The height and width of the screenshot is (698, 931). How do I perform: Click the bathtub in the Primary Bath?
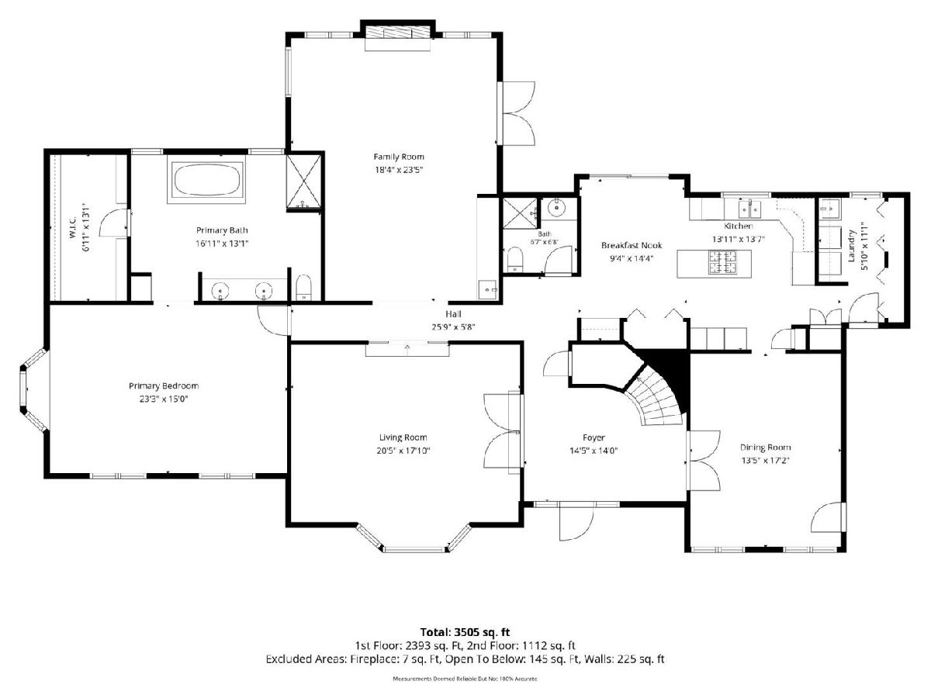click(207, 179)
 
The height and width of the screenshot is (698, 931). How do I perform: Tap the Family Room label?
click(399, 157)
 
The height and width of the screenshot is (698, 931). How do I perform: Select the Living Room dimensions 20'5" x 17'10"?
click(403, 451)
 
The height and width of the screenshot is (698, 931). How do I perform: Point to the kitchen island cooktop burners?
click(723, 261)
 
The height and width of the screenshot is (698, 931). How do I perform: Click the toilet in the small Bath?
click(515, 259)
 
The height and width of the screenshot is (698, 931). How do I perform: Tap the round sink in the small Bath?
click(555, 209)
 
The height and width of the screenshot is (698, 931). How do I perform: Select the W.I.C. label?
click(72, 227)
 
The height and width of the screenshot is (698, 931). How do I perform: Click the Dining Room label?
click(766, 447)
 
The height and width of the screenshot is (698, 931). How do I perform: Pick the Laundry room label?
click(851, 246)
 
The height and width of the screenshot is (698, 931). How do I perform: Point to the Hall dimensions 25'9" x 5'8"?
click(453, 327)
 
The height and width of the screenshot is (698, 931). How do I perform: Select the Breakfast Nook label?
click(631, 245)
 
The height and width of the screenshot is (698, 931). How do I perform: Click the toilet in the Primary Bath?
click(303, 287)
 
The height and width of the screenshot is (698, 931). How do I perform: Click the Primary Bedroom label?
click(164, 385)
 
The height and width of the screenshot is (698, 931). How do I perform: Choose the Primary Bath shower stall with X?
click(303, 181)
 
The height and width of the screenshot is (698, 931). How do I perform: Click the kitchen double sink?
click(750, 209)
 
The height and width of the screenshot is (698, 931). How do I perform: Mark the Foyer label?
click(594, 437)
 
